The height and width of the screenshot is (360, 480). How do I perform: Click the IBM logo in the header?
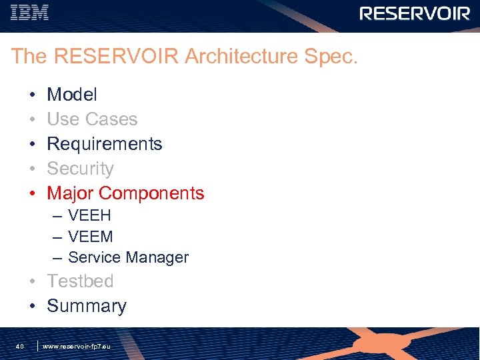pyautogui.click(x=31, y=13)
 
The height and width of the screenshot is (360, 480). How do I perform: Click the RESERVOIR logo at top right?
pyautogui.click(x=415, y=13)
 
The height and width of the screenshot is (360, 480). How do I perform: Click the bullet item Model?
pyautogui.click(x=72, y=95)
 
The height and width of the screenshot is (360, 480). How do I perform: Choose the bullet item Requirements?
pyautogui.click(x=105, y=144)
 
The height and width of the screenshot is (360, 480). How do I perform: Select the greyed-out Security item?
pyautogui.click(x=80, y=169)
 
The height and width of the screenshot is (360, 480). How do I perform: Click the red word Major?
pyautogui.click(x=70, y=193)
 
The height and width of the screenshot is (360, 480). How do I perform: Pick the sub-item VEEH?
pyautogui.click(x=89, y=216)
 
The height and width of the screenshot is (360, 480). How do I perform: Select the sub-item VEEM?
pyautogui.click(x=91, y=237)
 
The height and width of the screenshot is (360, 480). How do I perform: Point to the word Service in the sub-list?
pyautogui.click(x=93, y=257)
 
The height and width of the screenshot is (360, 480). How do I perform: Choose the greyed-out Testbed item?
pyautogui.click(x=80, y=281)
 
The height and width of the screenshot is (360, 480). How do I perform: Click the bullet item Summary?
pyautogui.click(x=87, y=306)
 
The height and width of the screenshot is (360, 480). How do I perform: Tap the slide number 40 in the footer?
pyautogui.click(x=20, y=347)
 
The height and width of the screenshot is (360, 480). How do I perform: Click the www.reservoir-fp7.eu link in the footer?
pyautogui.click(x=76, y=347)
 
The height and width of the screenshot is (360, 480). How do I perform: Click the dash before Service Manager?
pyautogui.click(x=57, y=257)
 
